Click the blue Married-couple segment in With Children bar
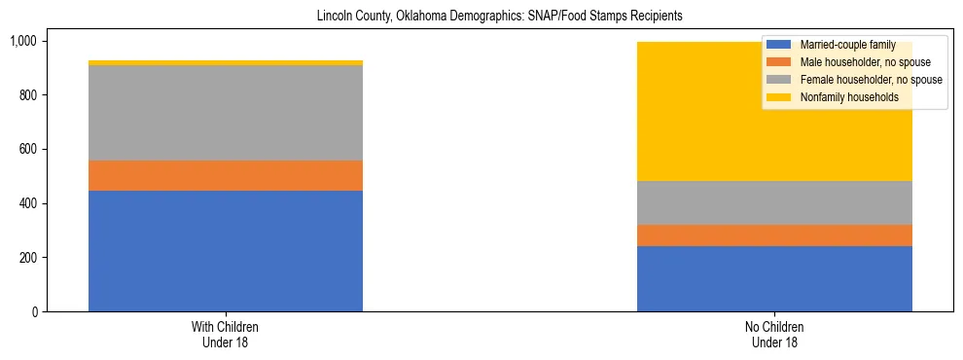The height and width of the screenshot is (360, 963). click(x=225, y=251)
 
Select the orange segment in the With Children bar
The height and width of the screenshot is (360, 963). click(x=225, y=175)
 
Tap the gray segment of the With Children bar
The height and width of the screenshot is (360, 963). click(x=225, y=113)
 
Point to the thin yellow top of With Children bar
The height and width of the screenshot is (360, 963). click(x=225, y=63)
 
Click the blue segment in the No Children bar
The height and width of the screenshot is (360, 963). click(x=774, y=278)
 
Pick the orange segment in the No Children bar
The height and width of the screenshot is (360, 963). click(x=774, y=235)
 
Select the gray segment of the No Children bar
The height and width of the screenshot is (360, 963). click(x=774, y=203)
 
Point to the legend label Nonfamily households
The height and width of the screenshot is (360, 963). click(x=842, y=97)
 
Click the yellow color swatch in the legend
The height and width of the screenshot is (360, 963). click(x=779, y=97)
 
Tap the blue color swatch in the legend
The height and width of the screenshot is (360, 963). click(x=779, y=45)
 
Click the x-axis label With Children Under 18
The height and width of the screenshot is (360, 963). click(x=225, y=335)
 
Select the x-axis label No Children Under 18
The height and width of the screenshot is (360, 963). click(x=774, y=335)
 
